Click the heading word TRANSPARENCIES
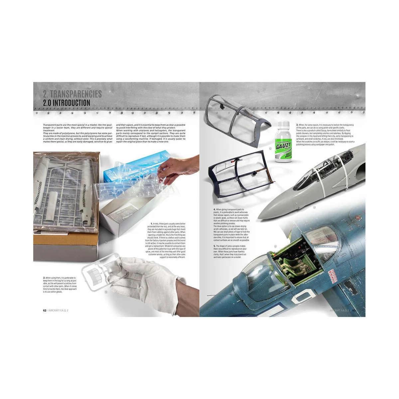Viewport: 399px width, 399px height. click(77, 94)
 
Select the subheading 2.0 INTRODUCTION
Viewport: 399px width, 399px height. click(66, 103)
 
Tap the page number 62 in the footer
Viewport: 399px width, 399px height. click(45, 311)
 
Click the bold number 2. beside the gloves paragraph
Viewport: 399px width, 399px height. click(45, 278)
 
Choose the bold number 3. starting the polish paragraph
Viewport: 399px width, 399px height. click(297, 125)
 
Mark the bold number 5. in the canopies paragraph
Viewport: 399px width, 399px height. click(214, 246)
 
